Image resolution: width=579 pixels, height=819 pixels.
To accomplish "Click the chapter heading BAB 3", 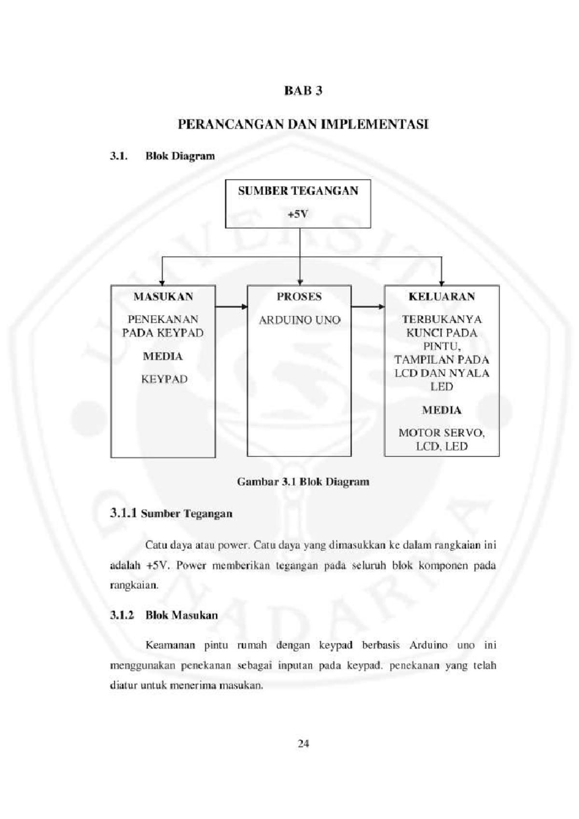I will (x=303, y=91).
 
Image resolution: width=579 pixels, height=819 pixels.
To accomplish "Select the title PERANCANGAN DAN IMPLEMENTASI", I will (x=303, y=124).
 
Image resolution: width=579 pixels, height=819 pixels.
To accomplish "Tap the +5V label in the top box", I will (x=298, y=214).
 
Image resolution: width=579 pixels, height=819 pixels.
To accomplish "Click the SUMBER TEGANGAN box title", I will (x=298, y=191).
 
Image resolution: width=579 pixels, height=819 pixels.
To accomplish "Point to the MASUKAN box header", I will (x=163, y=297).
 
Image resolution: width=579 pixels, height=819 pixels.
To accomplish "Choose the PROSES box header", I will (x=299, y=297).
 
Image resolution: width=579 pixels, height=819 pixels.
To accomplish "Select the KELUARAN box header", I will (x=441, y=297).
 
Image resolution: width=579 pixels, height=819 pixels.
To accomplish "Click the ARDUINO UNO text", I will (x=299, y=320).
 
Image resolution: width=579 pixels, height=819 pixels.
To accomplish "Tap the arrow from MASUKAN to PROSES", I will (x=231, y=306).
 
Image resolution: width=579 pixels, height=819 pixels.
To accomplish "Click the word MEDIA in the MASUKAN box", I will (x=163, y=356).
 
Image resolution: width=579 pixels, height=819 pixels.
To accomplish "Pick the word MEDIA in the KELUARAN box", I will (x=441, y=410).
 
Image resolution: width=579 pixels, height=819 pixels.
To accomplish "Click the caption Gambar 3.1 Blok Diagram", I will (x=303, y=481).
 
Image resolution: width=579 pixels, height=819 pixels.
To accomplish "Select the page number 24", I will (x=303, y=743).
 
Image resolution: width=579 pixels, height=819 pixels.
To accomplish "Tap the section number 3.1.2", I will (x=122, y=615).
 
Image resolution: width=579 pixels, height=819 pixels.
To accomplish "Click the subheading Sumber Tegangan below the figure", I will (x=187, y=514).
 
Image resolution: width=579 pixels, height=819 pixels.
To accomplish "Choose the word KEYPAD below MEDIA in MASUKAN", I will (x=164, y=379).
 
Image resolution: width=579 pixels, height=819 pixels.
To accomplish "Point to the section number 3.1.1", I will (x=124, y=513).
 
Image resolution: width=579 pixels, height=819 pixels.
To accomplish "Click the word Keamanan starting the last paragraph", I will (x=170, y=645).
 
